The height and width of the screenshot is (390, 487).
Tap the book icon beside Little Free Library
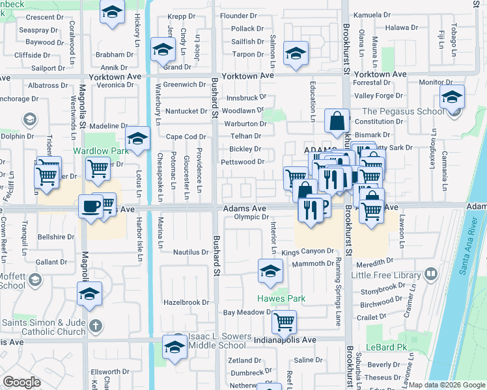click(x=430, y=275)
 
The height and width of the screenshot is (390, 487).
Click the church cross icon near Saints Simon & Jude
click(x=95, y=325)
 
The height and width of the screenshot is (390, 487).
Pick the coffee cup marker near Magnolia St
click(x=90, y=207)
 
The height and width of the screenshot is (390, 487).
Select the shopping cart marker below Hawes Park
click(x=285, y=320)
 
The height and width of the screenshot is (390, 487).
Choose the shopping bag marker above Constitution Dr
click(x=337, y=121)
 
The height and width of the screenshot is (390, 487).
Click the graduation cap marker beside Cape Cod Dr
click(x=138, y=138)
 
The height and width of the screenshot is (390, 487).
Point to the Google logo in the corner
click(x=22, y=382)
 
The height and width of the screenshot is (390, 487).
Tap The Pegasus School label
click(x=395, y=112)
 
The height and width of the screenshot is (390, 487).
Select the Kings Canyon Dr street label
click(x=307, y=251)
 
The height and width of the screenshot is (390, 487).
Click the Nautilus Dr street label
click(x=191, y=252)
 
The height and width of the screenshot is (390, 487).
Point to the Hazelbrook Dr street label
click(x=186, y=302)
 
